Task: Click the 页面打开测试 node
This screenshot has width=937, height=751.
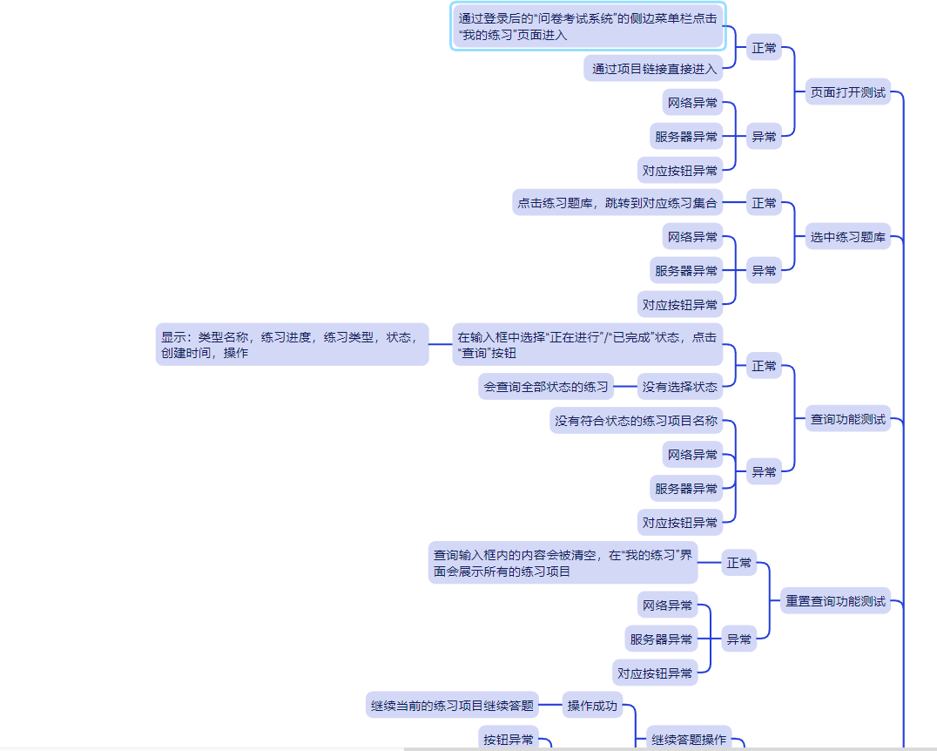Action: point(847,91)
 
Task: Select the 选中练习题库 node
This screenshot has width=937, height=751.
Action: point(847,236)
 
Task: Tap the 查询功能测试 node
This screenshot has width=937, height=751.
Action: point(847,419)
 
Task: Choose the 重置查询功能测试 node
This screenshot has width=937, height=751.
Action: point(835,600)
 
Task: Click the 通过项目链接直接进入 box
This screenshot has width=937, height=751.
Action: point(653,69)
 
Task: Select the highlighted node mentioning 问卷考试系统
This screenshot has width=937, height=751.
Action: point(588,26)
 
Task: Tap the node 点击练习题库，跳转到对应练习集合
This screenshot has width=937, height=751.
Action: point(617,203)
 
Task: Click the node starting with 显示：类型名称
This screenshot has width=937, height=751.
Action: point(292,344)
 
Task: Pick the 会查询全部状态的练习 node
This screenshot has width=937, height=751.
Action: point(545,386)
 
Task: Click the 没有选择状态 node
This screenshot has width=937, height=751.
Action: point(679,386)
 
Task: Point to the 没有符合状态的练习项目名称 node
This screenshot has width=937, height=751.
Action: point(636,421)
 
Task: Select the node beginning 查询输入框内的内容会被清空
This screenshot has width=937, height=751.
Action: point(563,563)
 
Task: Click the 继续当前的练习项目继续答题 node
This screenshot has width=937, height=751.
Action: point(451,705)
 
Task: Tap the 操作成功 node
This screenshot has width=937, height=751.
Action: point(592,705)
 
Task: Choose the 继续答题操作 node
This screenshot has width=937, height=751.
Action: point(688,739)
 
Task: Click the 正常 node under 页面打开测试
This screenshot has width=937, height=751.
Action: point(764,49)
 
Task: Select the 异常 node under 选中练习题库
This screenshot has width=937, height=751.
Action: point(764,271)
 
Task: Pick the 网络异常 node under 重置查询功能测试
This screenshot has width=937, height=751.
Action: point(668,605)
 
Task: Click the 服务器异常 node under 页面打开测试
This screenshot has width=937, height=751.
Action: point(686,136)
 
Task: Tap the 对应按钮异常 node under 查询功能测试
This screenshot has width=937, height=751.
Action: point(680,523)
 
